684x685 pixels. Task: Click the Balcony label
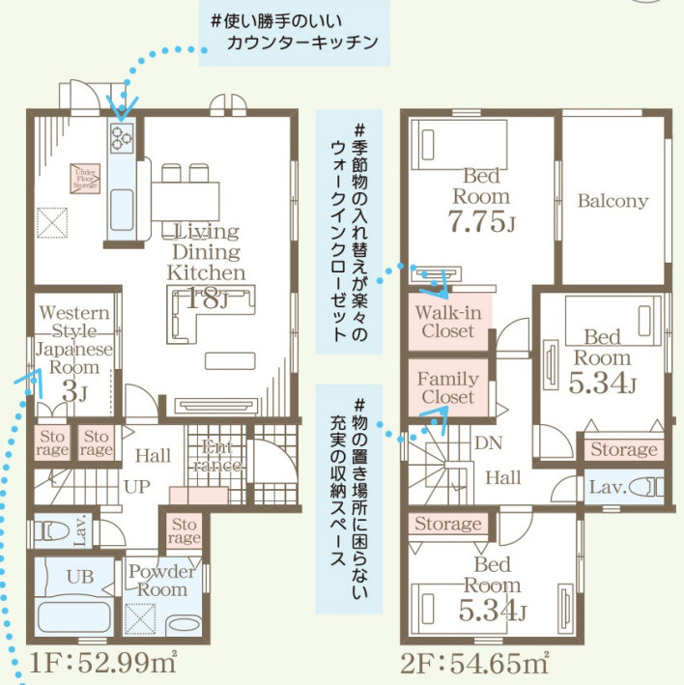[x=613, y=201]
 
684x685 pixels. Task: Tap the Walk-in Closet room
[x=448, y=321]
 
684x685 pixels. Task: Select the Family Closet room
[x=448, y=386]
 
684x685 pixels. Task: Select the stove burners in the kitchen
[x=122, y=137]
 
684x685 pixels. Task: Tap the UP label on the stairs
[x=137, y=486]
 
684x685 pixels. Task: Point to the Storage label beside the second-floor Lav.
[x=624, y=449]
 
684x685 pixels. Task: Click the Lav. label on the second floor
[x=611, y=487]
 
